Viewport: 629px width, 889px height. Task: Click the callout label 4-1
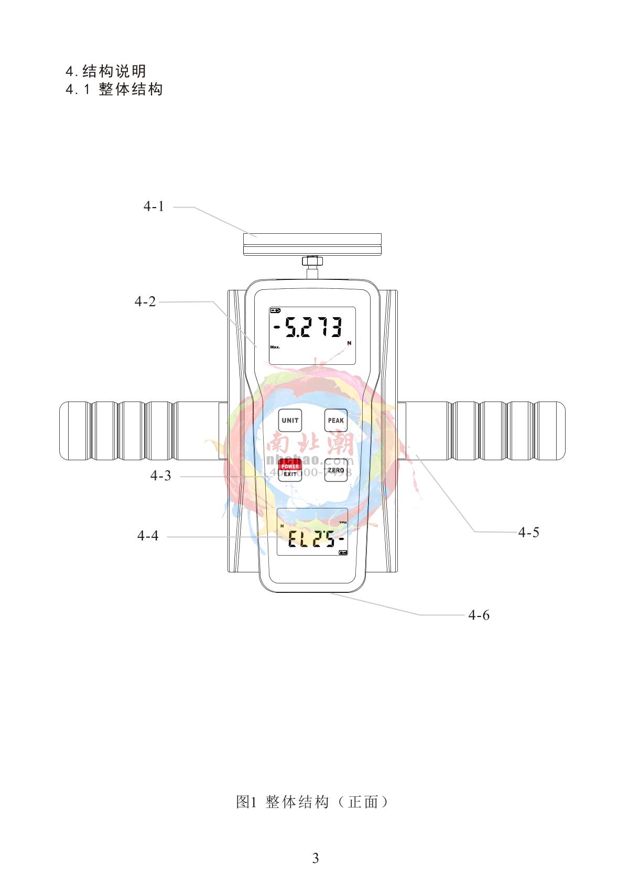coord(154,207)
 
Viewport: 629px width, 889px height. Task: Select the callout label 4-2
coord(145,301)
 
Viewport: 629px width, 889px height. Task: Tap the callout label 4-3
coord(160,476)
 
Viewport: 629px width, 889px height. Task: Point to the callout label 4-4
coord(148,536)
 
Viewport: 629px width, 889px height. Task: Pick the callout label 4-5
coord(528,533)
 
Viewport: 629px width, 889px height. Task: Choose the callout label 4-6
coord(479,615)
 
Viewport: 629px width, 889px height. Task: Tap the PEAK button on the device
coord(335,420)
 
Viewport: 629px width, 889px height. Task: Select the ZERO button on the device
coord(335,470)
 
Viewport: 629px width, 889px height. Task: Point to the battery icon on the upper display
coord(275,310)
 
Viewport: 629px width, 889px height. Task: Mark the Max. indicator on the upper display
coord(275,347)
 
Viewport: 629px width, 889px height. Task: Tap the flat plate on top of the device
coord(312,244)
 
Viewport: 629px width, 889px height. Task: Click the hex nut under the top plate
coord(312,261)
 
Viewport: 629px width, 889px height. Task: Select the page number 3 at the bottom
coord(315,858)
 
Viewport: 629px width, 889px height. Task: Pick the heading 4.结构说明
coord(106,71)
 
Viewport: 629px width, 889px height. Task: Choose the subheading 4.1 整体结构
coord(114,89)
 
